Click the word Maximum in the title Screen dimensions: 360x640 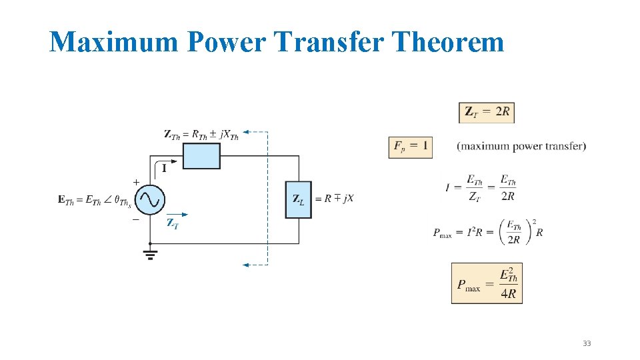pos(114,42)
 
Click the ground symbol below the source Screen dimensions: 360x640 pos(150,255)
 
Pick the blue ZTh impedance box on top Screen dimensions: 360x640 pos(201,156)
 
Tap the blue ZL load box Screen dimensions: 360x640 pos(298,199)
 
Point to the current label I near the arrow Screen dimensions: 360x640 pos(164,169)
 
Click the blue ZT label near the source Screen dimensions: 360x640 pos(173,223)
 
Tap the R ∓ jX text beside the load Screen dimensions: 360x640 pos(335,199)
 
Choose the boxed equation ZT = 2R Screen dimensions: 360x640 pos(487,113)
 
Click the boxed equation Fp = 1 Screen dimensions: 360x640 pos(410,146)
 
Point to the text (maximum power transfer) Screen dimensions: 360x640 pos(521,146)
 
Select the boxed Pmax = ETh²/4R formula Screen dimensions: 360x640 pos(487,283)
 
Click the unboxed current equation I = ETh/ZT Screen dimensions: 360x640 pos(480,187)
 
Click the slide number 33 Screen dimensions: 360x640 pos(587,343)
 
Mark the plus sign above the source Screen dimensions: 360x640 pos(136,182)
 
